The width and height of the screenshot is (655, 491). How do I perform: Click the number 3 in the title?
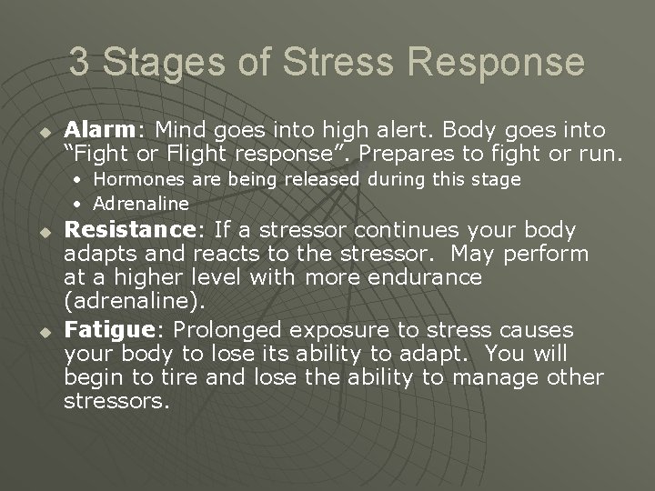coord(80,63)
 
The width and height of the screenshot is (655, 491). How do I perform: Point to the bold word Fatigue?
coord(100,329)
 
